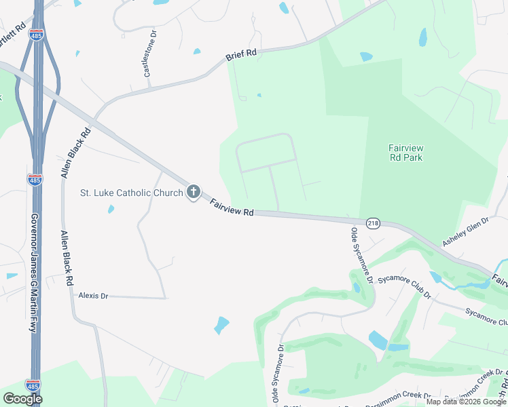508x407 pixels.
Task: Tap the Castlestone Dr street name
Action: [150, 53]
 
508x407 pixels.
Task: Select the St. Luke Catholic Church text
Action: [132, 193]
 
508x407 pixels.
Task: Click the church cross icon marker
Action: [194, 193]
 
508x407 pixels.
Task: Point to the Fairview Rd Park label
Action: [405, 153]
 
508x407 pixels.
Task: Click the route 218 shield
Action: [373, 223]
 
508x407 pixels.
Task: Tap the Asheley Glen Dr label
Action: [465, 233]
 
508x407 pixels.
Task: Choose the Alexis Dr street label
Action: [94, 296]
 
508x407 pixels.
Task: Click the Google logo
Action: [22, 399]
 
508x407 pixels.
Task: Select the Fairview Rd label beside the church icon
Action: [231, 208]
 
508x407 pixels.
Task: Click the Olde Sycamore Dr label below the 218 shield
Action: [362, 255]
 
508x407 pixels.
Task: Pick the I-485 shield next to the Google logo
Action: [33, 385]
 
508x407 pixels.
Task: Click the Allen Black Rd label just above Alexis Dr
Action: [67, 260]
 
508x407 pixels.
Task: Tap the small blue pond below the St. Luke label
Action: [111, 209]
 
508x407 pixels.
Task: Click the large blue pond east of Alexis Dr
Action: [221, 325]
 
